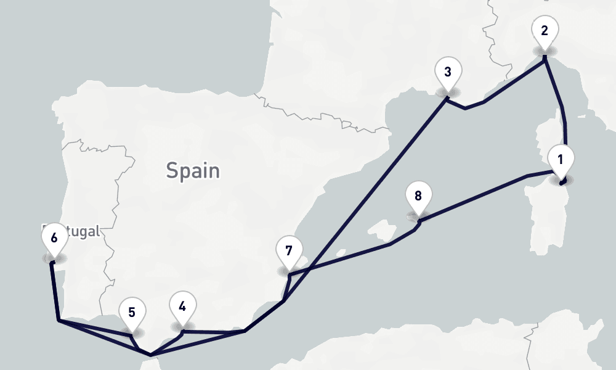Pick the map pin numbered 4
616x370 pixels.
pos(182,306)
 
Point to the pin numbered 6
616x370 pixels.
pos(54,238)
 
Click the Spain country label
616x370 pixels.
pos(193,170)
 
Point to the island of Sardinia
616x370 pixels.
pos(545,213)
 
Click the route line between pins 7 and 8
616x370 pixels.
pos(345,258)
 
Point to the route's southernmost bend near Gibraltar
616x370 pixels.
pos(150,355)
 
